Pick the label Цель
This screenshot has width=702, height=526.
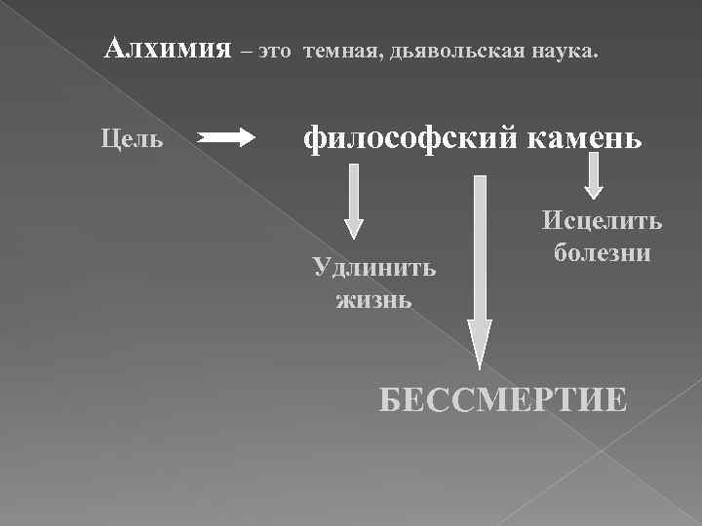(x=132, y=138)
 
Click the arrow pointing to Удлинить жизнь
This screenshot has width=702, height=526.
(x=354, y=200)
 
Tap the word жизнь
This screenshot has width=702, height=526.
(x=373, y=298)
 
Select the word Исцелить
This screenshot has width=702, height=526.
(x=602, y=221)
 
